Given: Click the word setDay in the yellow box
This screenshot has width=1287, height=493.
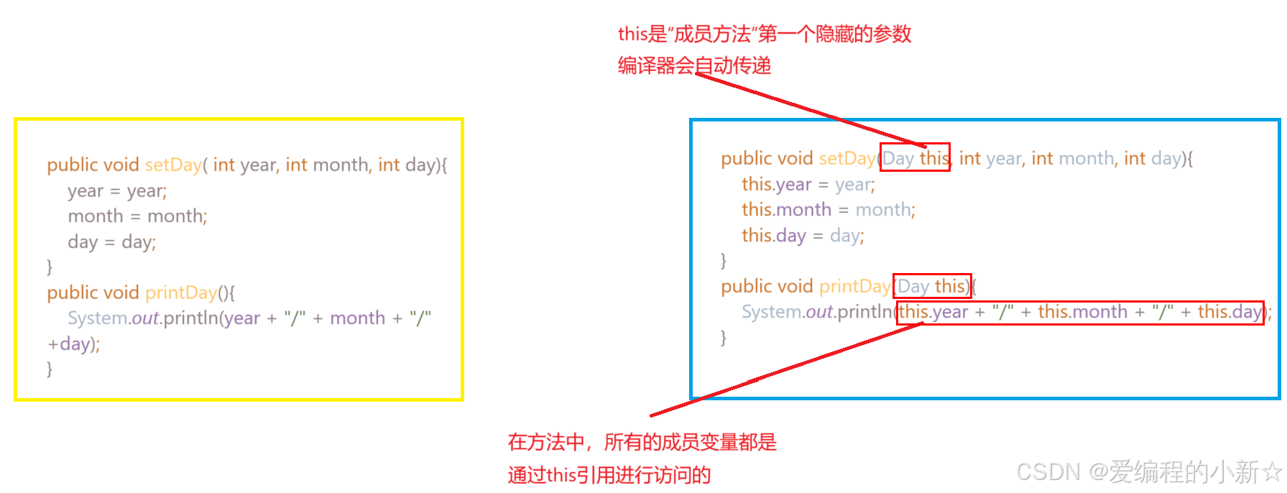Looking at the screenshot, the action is [173, 165].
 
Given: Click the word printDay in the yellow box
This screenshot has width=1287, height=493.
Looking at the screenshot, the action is [181, 293].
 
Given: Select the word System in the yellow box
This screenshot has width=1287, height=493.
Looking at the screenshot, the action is [98, 318].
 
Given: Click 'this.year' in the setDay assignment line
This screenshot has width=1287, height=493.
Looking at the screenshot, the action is [776, 185].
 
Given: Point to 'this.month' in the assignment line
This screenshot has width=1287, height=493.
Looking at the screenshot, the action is [786, 210].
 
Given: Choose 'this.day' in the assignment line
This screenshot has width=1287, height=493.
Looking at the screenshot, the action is [774, 236].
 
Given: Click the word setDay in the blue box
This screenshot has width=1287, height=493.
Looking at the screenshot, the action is [847, 159].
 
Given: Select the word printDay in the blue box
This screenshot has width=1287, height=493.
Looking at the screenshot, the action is [855, 287].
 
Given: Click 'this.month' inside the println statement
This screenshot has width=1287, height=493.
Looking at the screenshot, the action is [1082, 312].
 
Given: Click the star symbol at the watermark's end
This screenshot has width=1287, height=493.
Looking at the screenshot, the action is [1272, 472].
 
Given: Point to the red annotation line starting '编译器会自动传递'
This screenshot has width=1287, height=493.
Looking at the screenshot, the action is [694, 66].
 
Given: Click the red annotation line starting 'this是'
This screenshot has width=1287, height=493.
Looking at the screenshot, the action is [765, 34].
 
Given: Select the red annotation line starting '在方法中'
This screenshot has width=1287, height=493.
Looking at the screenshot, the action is [642, 442].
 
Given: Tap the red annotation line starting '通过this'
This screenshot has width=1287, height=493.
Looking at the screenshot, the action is [609, 475].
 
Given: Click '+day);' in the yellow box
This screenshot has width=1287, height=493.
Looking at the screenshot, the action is [73, 344].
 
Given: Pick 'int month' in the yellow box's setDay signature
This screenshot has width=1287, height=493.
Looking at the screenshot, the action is [326, 165].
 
